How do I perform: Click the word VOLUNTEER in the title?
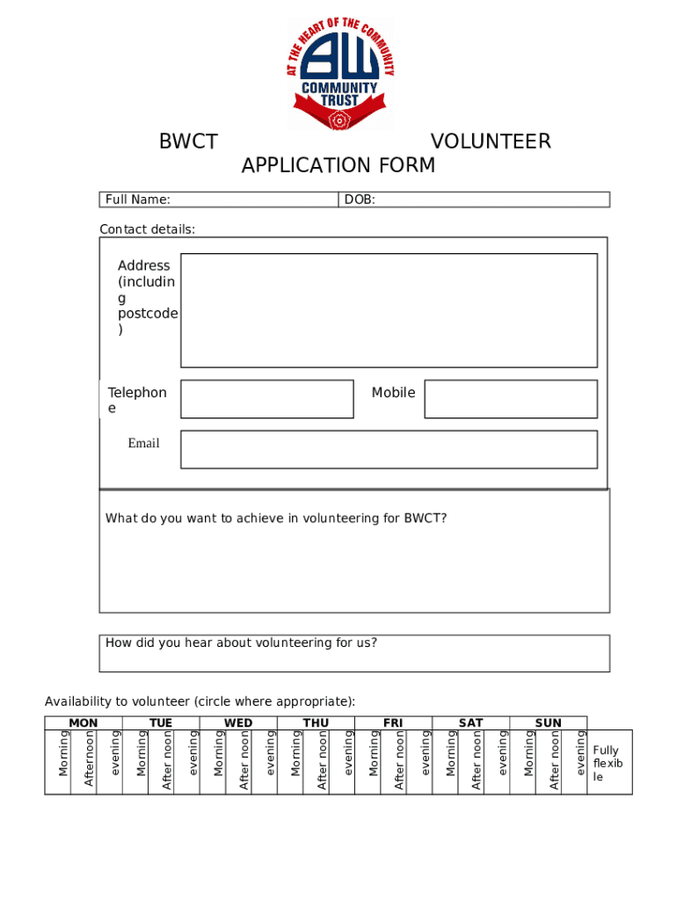(491, 142)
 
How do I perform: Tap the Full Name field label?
(138, 200)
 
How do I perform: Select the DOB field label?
(360, 200)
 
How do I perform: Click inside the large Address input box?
(389, 310)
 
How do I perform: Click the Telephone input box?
(266, 399)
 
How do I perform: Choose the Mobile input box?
(511, 399)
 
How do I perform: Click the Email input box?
(389, 449)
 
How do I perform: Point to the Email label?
(143, 444)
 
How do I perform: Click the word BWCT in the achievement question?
(425, 519)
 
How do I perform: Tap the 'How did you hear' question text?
(241, 642)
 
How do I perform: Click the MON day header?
(84, 723)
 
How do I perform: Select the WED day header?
(238, 723)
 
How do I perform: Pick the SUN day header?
(548, 723)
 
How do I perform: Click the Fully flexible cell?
(608, 763)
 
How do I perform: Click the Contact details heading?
(147, 229)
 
